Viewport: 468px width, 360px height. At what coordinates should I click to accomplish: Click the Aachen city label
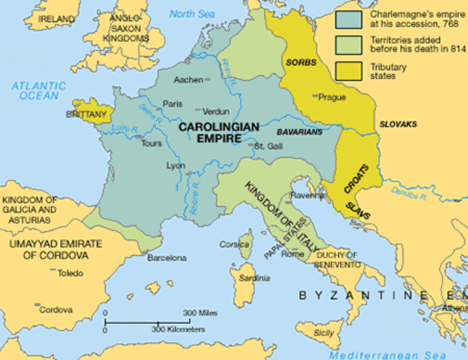click(187, 79)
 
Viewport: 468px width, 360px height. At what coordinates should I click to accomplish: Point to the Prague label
click(332, 97)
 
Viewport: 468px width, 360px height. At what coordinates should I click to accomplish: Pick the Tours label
click(151, 142)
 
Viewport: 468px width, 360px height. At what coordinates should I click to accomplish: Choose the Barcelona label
click(166, 258)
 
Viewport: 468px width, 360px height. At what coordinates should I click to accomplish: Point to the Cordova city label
click(56, 309)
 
